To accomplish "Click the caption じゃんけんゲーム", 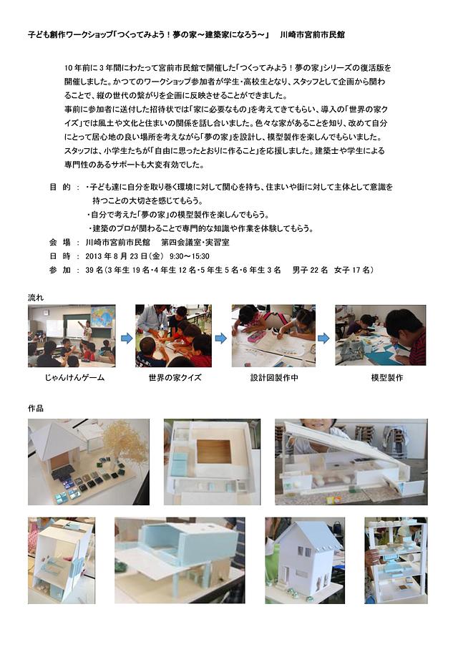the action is (x=74, y=377).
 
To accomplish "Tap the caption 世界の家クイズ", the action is (x=175, y=377).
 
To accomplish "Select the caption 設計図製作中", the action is (x=274, y=377).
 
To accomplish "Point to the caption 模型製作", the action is (x=386, y=377).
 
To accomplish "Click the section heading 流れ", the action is (x=36, y=297).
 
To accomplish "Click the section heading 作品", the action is (x=36, y=408).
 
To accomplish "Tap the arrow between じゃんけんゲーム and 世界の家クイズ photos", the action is (x=126, y=339).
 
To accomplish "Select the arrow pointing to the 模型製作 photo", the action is (x=323, y=339).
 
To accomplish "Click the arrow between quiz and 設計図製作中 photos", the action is (x=220, y=339).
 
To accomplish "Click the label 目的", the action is (x=60, y=187).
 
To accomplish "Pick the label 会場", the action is (x=60, y=242).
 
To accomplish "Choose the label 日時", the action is (x=60, y=256).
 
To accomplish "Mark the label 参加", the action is (x=60, y=270).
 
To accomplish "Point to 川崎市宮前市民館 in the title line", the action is (x=312, y=34).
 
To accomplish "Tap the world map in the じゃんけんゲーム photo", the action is (x=102, y=316).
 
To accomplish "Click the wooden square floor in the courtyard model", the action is (x=214, y=452).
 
